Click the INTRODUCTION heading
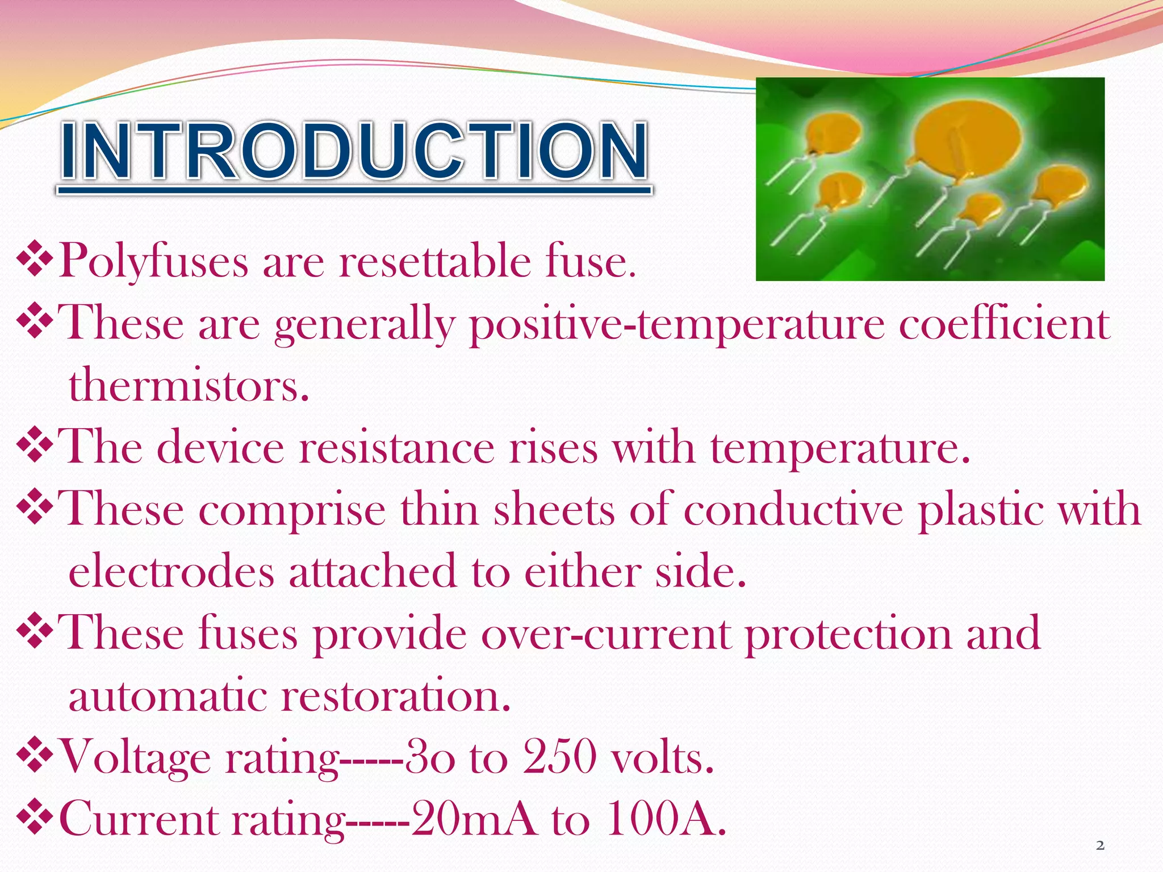point(354,152)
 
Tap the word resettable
point(434,262)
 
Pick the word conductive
point(793,510)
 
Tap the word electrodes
point(171,572)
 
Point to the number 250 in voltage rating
point(559,757)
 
